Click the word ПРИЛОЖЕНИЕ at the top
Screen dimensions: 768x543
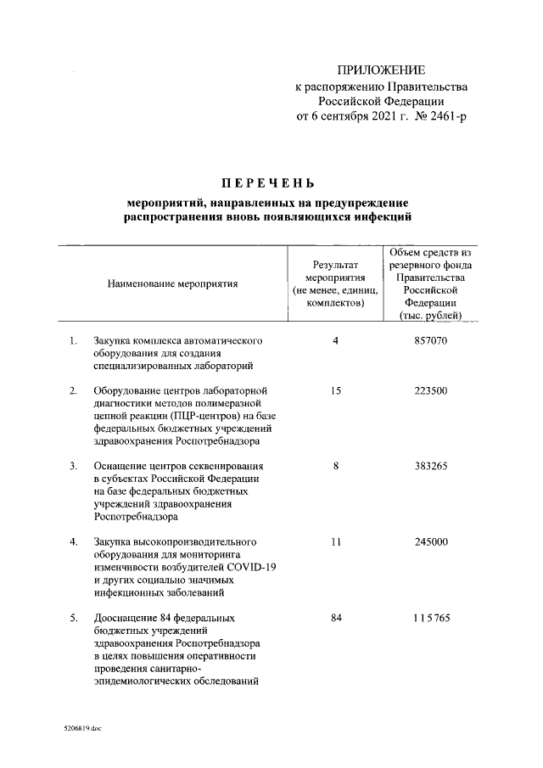pyautogui.click(x=381, y=70)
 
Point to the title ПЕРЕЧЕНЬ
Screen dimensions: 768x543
pyautogui.click(x=268, y=182)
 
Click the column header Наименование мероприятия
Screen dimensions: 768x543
pyautogui.click(x=172, y=283)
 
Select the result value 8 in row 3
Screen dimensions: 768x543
pyautogui.click(x=336, y=466)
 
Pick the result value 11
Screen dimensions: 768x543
pyautogui.click(x=336, y=541)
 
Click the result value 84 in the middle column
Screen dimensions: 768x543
pyautogui.click(x=336, y=617)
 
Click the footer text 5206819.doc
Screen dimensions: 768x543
pyautogui.click(x=82, y=727)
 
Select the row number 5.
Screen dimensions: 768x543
pyautogui.click(x=74, y=617)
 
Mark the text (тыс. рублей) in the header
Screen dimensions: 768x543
pyautogui.click(x=430, y=317)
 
